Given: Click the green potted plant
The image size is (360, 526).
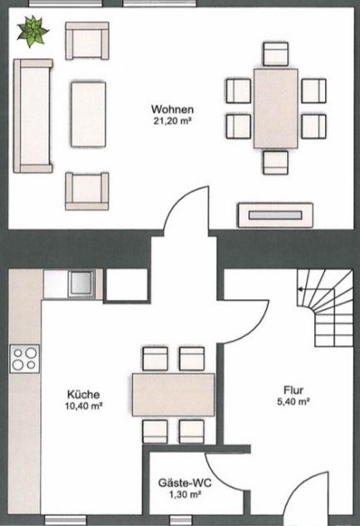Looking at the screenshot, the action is [x=32, y=32].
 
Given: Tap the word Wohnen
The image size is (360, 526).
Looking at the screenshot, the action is [x=172, y=110].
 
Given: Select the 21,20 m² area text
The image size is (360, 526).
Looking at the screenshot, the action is [x=172, y=121].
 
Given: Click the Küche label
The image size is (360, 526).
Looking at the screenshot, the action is [x=83, y=394].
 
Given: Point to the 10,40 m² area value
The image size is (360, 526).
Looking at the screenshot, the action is [x=83, y=406].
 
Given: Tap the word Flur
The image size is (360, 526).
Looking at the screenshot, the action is [x=293, y=391].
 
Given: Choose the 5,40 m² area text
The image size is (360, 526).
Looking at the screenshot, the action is [x=293, y=401].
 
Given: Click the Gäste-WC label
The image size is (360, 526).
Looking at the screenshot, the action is [x=185, y=483].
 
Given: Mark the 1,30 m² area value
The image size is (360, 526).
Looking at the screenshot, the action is [x=185, y=494].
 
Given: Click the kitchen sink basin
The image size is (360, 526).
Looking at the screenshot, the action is [x=81, y=283].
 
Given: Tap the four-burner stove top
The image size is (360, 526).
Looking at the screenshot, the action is [x=24, y=359].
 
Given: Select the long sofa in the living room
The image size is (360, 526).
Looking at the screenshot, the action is [x=33, y=116].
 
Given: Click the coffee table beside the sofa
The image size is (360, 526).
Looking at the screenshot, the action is [x=88, y=115].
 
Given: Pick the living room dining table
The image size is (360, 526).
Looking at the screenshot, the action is [x=276, y=108].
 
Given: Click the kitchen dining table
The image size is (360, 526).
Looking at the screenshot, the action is [x=174, y=395].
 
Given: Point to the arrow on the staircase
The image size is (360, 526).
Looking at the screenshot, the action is [x=301, y=288].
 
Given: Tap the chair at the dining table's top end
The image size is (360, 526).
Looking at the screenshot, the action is [x=276, y=54].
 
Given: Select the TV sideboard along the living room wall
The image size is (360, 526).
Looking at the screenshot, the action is [x=275, y=215].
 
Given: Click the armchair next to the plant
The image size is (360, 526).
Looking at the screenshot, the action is [x=87, y=41].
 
